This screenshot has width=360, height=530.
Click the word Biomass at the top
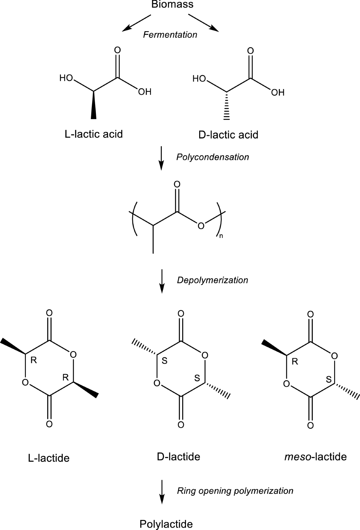pos(172,5)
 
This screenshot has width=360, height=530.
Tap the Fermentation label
pos(170,35)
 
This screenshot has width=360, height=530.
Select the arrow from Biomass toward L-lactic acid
pos(136,23)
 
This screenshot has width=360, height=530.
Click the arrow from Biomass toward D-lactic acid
pos(203,23)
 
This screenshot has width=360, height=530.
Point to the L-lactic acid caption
pos(94,134)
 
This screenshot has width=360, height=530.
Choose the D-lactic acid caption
pos(228,135)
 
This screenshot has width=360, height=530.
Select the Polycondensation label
pos(212,157)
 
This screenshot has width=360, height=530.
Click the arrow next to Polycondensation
pos(161,158)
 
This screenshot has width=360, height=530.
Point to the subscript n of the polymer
pos(221,236)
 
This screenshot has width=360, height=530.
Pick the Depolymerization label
pos(212,280)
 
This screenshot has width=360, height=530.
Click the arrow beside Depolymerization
pos(162,281)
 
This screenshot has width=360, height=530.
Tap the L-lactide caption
pos(49,458)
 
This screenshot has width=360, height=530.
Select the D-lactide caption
pos(178,457)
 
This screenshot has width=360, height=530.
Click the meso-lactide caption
pos(315,457)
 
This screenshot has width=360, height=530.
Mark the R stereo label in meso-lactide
pos(295,362)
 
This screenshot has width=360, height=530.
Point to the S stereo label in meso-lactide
pos(329,380)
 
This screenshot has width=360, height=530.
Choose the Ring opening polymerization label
pos(235,491)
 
